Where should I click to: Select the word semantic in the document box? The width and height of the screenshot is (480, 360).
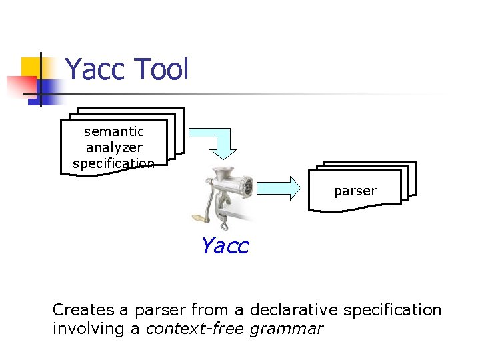coord(113,131)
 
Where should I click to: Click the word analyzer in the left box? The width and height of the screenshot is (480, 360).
coord(113,147)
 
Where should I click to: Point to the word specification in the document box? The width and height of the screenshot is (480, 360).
coord(113,163)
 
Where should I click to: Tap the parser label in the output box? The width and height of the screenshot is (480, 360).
coord(355,191)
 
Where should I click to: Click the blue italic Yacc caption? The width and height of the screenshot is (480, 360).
coord(224,246)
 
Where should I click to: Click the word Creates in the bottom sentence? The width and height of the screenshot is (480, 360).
coord(79,310)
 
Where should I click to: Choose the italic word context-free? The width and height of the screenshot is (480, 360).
coord(195,329)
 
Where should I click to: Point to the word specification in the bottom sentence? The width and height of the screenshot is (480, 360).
coord(393,310)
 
